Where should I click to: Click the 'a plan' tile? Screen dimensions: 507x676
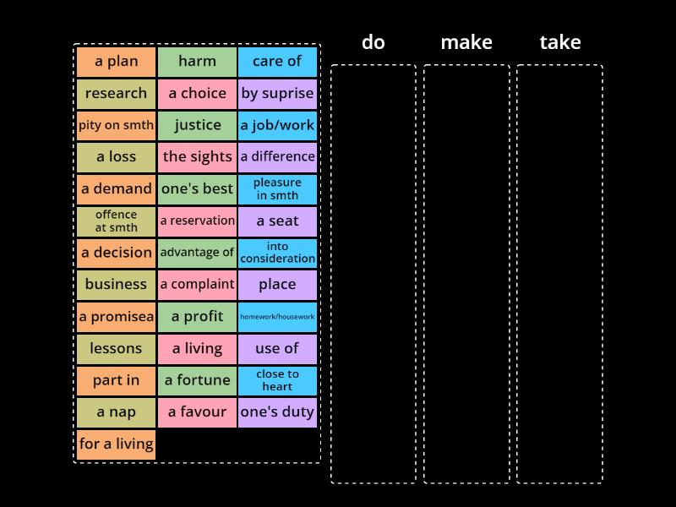point(117,62)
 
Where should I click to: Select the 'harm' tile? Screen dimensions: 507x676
point(197,62)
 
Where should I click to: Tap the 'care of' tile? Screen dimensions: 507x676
point(277,62)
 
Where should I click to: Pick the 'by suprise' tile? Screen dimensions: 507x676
point(277,94)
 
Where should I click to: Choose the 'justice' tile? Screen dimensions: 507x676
point(197,125)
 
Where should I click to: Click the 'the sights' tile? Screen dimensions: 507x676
point(197,157)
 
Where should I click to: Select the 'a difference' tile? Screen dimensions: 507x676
point(277,157)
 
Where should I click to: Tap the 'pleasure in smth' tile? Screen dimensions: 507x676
point(277,188)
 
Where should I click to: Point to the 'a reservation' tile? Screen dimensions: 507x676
point(197,221)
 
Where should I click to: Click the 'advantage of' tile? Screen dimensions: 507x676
point(197,253)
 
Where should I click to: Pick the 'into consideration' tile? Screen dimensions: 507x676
point(277,253)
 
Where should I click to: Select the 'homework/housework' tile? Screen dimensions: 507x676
point(277,317)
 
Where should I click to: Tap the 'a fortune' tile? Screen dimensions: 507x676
point(197,380)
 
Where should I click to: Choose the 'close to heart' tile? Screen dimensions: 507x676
point(277,380)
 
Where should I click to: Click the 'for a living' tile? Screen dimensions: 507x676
point(117,444)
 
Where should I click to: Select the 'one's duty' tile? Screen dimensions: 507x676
point(277,412)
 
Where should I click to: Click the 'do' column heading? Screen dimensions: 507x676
point(373,42)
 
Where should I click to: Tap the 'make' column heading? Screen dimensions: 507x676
point(466,42)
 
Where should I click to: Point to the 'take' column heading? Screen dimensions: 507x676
point(560,42)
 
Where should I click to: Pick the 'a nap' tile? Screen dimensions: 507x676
point(117,412)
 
